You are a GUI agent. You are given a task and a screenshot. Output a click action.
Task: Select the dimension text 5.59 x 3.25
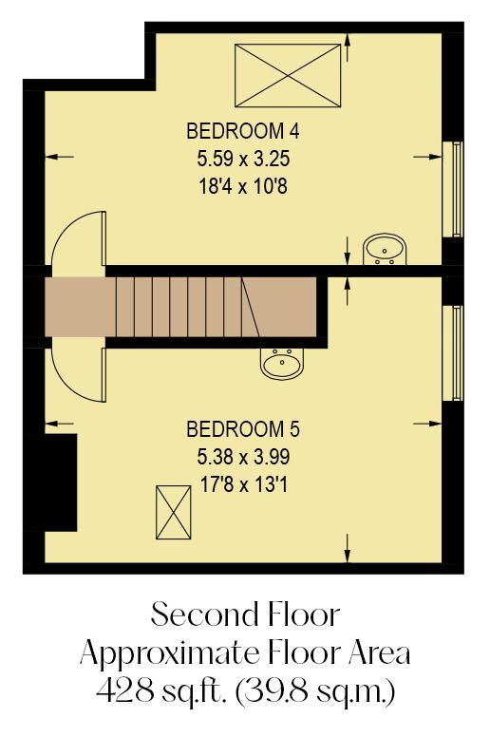[236, 159]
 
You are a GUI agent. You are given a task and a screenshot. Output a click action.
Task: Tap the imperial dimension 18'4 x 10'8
[236, 187]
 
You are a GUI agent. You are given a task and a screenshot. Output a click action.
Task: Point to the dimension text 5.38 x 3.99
[236, 456]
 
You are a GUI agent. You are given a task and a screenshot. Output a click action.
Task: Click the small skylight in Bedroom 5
[173, 511]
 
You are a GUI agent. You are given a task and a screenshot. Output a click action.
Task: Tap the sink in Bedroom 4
[385, 250]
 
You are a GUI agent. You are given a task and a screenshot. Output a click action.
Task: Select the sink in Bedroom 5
[281, 362]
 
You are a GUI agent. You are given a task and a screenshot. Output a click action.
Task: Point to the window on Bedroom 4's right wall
[458, 189]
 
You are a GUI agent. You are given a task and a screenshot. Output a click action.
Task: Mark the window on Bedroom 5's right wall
[458, 352]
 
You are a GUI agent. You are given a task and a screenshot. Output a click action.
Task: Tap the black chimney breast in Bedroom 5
[61, 482]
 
